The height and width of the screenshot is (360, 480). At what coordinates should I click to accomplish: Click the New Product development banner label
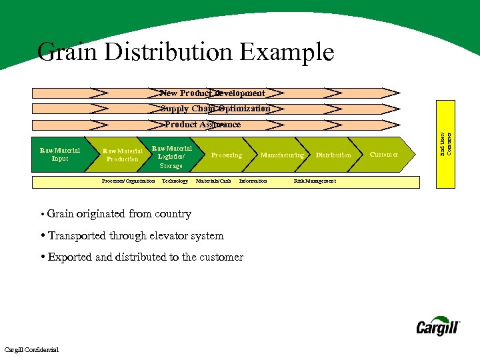point(212,93)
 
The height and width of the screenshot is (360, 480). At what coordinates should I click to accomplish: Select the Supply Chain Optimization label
point(215,109)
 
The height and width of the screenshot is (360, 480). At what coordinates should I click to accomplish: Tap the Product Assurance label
point(203,125)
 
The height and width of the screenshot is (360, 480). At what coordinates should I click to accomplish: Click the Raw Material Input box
point(59,155)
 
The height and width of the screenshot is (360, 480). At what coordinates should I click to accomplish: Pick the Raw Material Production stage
point(122,155)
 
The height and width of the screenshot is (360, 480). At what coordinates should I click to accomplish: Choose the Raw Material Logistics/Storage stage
point(171,157)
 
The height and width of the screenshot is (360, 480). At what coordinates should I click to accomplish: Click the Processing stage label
point(226,155)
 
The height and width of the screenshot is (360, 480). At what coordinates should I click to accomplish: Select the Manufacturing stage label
point(281,155)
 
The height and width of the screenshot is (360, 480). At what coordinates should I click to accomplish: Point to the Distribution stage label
point(333,155)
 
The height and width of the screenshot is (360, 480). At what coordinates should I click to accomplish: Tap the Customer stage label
point(383,155)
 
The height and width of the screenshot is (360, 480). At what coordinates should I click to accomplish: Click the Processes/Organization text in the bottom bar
point(128,181)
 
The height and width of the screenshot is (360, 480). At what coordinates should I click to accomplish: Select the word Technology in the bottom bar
point(175,181)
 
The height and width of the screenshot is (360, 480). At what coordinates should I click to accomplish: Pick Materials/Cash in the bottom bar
point(213,181)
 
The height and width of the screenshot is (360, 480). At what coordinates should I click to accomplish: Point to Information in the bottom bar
point(253,181)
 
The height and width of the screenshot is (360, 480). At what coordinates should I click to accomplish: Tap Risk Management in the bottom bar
point(315,181)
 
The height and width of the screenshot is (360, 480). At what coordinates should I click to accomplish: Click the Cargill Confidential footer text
point(31,350)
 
